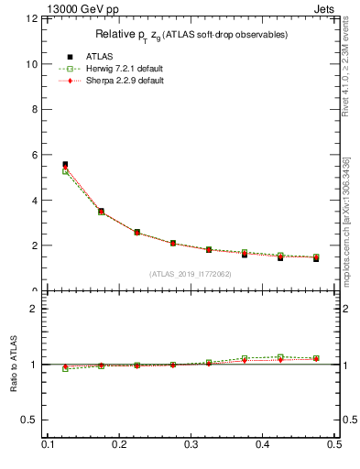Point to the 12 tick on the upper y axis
click(32, 19)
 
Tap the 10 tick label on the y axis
click(32, 64)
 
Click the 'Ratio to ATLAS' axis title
click(12, 364)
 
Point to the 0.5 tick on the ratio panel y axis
click(31, 420)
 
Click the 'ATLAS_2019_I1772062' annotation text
click(191, 274)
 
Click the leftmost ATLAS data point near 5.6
click(65, 165)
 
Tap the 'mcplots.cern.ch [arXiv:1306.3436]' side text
click(345, 220)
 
